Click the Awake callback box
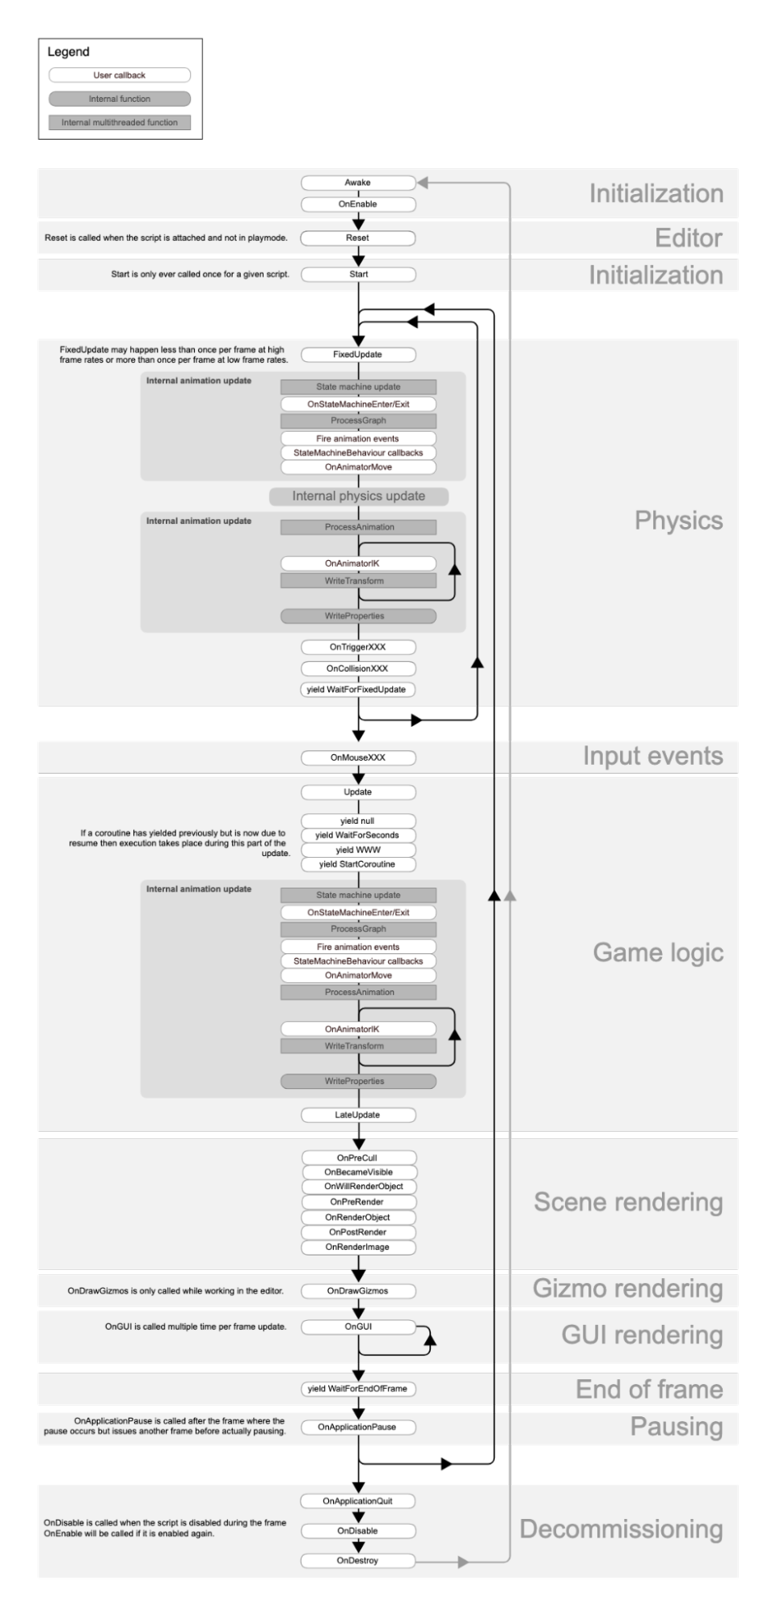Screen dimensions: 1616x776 [358, 183]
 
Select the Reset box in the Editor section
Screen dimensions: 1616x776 [358, 238]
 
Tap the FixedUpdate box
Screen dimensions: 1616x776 [358, 354]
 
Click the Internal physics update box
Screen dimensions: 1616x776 [358, 496]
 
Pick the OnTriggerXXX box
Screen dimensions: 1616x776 [358, 647]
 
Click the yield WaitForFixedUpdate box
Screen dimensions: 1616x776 [358, 690]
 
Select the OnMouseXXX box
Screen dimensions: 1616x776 [358, 757]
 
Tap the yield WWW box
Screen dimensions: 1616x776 [358, 850]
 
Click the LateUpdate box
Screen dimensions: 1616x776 [358, 1115]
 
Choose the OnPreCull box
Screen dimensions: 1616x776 [358, 1158]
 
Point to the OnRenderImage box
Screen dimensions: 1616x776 [358, 1247]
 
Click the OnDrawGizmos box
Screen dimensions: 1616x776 [358, 1291]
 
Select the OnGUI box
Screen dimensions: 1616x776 [358, 1327]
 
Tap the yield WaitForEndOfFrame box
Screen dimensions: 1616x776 [358, 1389]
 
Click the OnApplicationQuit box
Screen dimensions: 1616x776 [358, 1501]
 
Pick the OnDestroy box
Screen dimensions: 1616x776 [358, 1560]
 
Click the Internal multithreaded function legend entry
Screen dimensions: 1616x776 [120, 123]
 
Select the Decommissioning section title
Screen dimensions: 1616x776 [621, 1529]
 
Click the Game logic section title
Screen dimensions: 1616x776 [658, 952]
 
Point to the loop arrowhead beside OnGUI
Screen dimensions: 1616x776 [430, 1340]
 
